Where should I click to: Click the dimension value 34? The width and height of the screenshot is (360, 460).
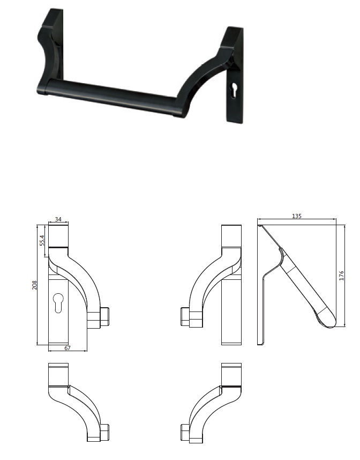coord(58,219)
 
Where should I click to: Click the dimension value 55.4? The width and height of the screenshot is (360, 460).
coord(41,240)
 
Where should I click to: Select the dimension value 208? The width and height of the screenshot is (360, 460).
coord(35,285)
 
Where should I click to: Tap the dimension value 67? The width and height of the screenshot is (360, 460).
coord(67,348)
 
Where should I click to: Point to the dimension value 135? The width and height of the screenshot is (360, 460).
coord(297,216)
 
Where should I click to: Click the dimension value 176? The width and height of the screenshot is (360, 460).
coord(341,276)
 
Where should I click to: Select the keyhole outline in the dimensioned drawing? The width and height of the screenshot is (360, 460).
coord(58,303)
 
